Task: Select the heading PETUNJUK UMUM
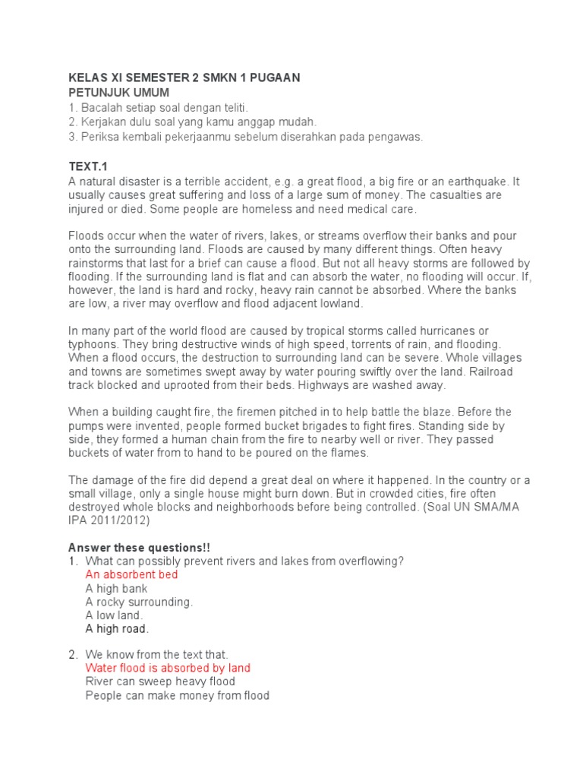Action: click(x=118, y=93)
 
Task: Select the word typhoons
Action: click(x=94, y=344)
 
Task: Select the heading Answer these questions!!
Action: click(x=139, y=548)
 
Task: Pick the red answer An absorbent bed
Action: click(x=131, y=575)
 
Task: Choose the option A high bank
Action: click(x=116, y=589)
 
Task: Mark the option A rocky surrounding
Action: click(x=139, y=602)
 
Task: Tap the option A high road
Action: click(x=117, y=629)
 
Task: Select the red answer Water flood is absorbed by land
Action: click(x=168, y=669)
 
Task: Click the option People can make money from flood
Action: click(x=177, y=696)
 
